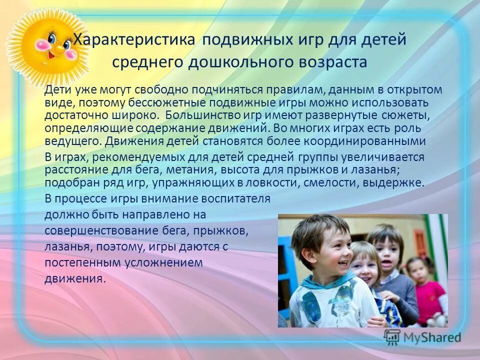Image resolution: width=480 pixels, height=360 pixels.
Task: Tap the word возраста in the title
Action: (x=333, y=62)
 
